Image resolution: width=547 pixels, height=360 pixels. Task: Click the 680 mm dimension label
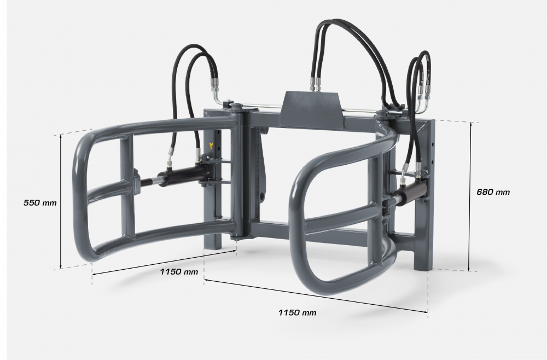(x=493, y=192)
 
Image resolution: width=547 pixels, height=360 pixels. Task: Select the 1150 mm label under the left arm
(x=179, y=272)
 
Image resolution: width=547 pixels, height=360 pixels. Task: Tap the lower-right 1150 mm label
(x=297, y=313)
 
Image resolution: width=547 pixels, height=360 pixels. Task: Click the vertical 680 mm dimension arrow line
(x=469, y=197)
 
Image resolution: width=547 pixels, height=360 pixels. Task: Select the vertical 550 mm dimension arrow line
(x=61, y=202)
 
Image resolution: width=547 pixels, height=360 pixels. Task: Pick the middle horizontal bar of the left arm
(x=107, y=191)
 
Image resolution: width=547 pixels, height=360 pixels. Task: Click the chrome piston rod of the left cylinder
(x=144, y=182)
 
